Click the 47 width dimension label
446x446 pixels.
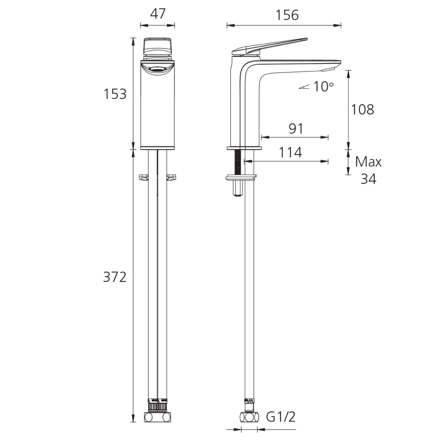coord(157,14)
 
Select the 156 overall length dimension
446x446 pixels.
coord(287,15)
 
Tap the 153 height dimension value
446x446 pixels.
coord(115,94)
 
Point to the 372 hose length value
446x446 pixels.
coord(115,277)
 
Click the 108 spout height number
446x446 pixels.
coord(362,109)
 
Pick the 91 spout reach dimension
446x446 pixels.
coord(296,129)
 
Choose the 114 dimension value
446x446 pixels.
coord(290,152)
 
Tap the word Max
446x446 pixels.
coord(368,161)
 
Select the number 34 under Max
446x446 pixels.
coord(368,179)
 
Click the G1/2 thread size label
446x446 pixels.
coord(281,417)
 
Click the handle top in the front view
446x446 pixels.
coord(157,46)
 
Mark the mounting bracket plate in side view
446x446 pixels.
coord(241,178)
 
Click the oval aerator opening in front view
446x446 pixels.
coord(157,69)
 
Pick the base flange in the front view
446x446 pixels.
coord(157,147)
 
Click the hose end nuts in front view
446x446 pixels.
coord(157,407)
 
